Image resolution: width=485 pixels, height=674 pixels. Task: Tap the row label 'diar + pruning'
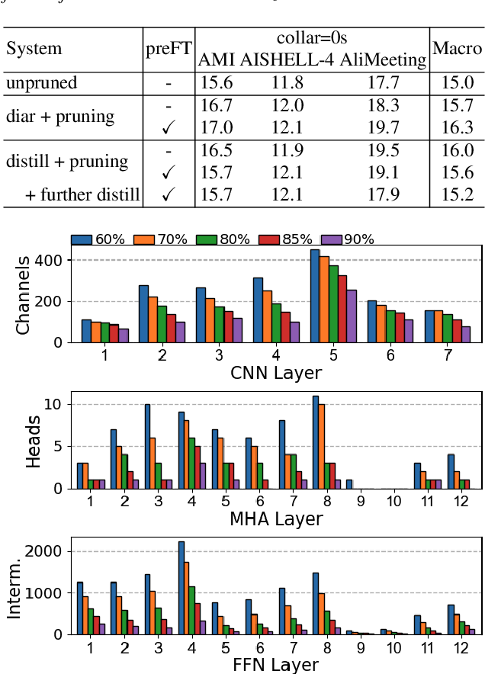click(60, 117)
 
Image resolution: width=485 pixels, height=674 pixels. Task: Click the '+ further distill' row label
click(82, 194)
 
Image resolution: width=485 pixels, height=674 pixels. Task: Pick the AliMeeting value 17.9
click(384, 194)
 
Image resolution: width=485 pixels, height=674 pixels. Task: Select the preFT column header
click(168, 49)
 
